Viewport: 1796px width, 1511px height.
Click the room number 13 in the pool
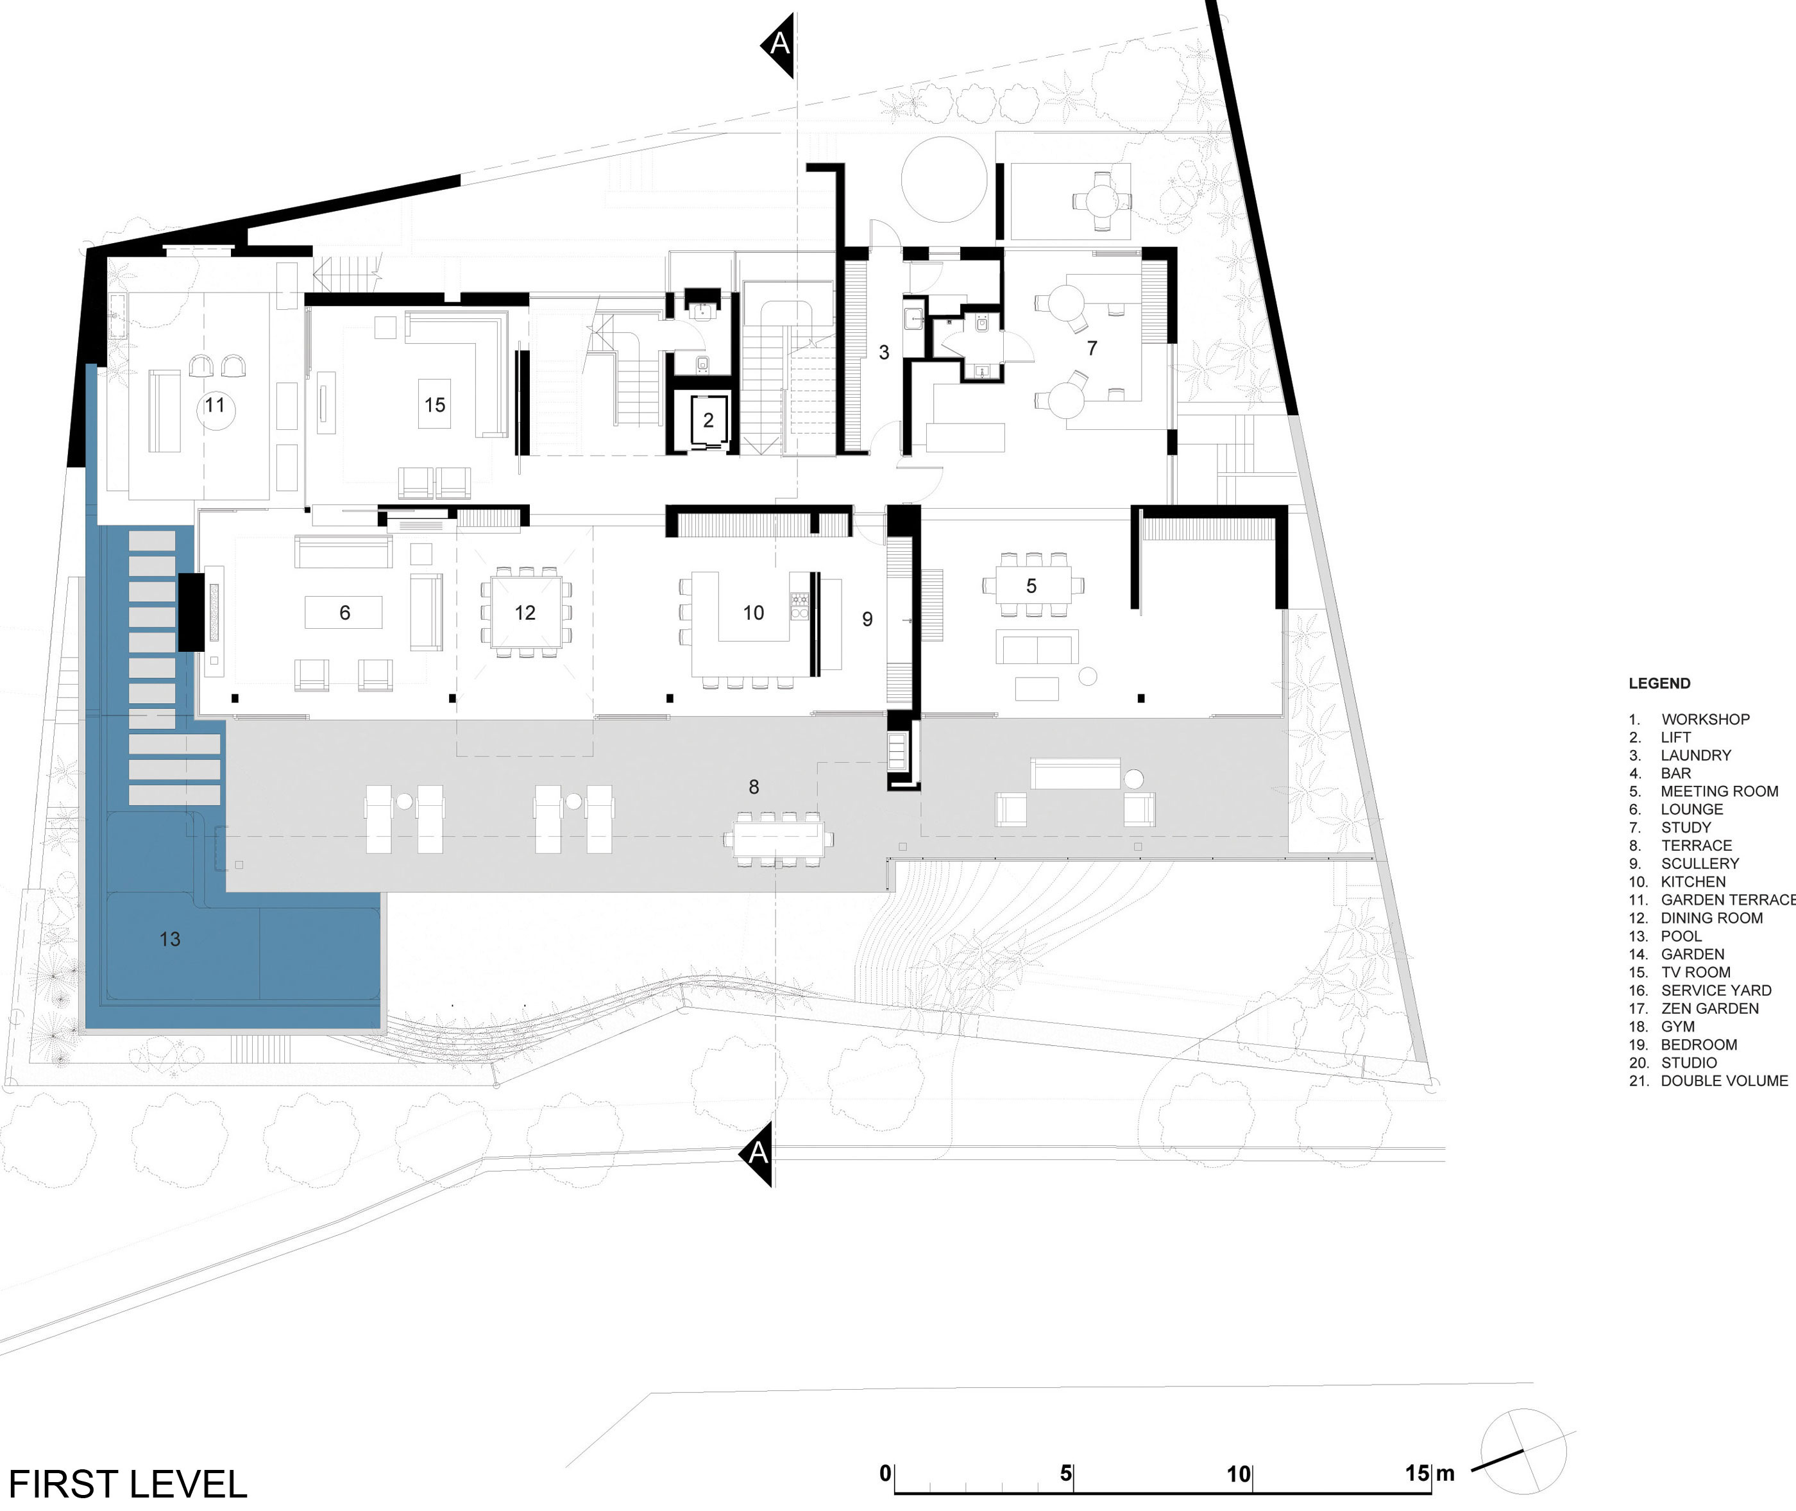point(169,939)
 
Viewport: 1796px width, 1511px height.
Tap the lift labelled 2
point(707,421)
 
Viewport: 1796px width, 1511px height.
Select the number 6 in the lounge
point(344,613)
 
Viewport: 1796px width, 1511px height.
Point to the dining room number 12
point(525,613)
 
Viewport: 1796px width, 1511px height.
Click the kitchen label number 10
point(754,613)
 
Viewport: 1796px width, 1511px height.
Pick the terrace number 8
point(754,787)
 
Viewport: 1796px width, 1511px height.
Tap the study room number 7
point(1092,348)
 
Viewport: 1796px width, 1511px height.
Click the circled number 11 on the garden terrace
point(215,405)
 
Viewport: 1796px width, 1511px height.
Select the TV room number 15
point(435,404)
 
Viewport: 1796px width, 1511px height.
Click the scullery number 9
point(868,619)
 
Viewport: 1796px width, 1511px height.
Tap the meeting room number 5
point(1031,586)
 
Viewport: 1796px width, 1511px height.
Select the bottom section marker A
point(757,1154)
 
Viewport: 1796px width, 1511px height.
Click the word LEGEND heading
point(1659,683)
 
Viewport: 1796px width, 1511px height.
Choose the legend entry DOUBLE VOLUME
point(1724,1081)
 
